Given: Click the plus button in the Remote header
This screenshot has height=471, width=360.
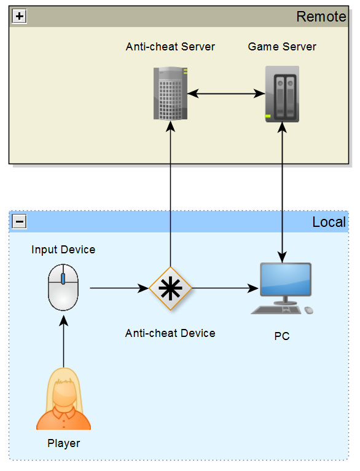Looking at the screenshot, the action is [20, 16].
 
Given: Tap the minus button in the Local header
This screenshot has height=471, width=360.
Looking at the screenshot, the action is [20, 222].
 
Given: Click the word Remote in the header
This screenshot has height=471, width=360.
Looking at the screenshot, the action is [321, 17].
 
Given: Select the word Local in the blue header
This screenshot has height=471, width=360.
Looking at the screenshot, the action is [329, 223].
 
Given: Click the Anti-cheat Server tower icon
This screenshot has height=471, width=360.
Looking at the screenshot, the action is [170, 93].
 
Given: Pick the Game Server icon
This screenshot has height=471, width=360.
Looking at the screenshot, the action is [282, 94].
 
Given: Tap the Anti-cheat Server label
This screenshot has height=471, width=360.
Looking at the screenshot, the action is [170, 47].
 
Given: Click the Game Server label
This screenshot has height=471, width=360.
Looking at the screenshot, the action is [282, 47].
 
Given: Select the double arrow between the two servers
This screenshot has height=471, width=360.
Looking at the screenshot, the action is [226, 93].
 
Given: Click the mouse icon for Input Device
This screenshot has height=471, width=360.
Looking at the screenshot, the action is [63, 287].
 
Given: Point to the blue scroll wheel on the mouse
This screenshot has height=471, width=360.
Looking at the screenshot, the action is [63, 279].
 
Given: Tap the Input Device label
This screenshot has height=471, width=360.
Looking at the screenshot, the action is [63, 250].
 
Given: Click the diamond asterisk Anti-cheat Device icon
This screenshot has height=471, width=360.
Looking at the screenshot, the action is [170, 288].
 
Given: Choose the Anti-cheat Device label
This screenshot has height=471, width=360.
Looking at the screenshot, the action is [170, 333].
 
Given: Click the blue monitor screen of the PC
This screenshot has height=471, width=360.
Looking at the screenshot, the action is [285, 279].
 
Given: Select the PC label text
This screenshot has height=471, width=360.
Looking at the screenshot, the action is [282, 336].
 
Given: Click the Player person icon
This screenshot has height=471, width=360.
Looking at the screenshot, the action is [64, 398].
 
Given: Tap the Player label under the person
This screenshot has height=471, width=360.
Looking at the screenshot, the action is [64, 443].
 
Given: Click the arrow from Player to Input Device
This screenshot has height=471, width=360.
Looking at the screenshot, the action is [64, 342].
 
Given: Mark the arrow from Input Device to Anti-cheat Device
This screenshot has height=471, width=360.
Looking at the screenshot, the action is [119, 288].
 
